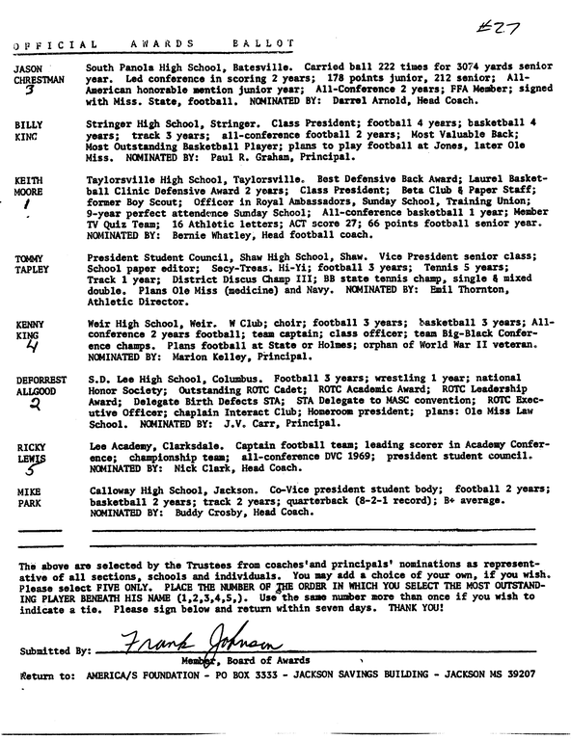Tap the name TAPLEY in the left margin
pyautogui.click(x=32, y=272)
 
